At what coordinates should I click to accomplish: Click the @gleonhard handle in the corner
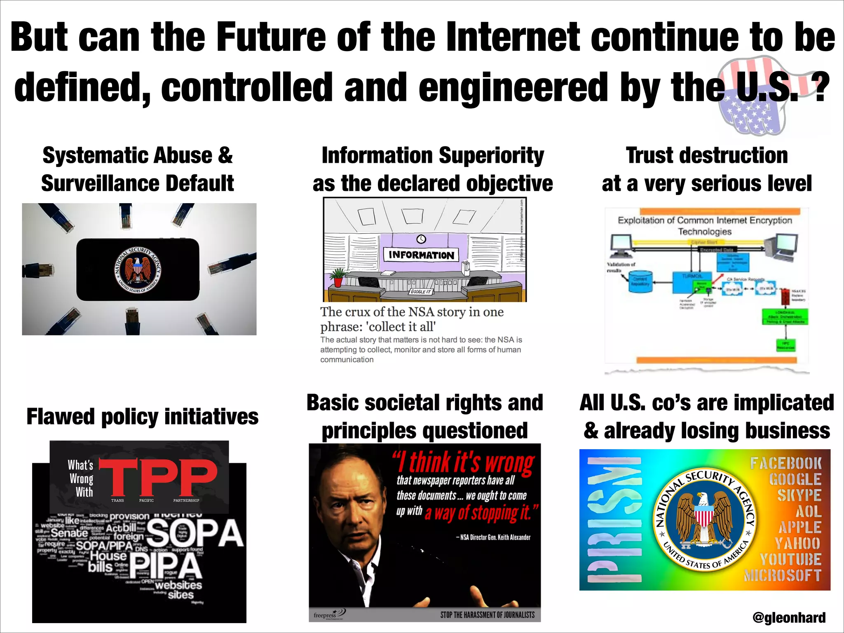789,617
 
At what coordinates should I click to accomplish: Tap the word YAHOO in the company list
798,543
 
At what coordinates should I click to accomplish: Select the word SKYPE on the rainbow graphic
799,495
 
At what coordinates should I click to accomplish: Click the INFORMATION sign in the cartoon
421,255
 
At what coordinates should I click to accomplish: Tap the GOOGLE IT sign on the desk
420,291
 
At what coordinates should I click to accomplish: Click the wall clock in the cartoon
421,239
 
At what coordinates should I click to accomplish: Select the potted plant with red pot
338,277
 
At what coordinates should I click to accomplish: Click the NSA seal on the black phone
138,270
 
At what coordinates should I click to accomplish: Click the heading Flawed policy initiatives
142,416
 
